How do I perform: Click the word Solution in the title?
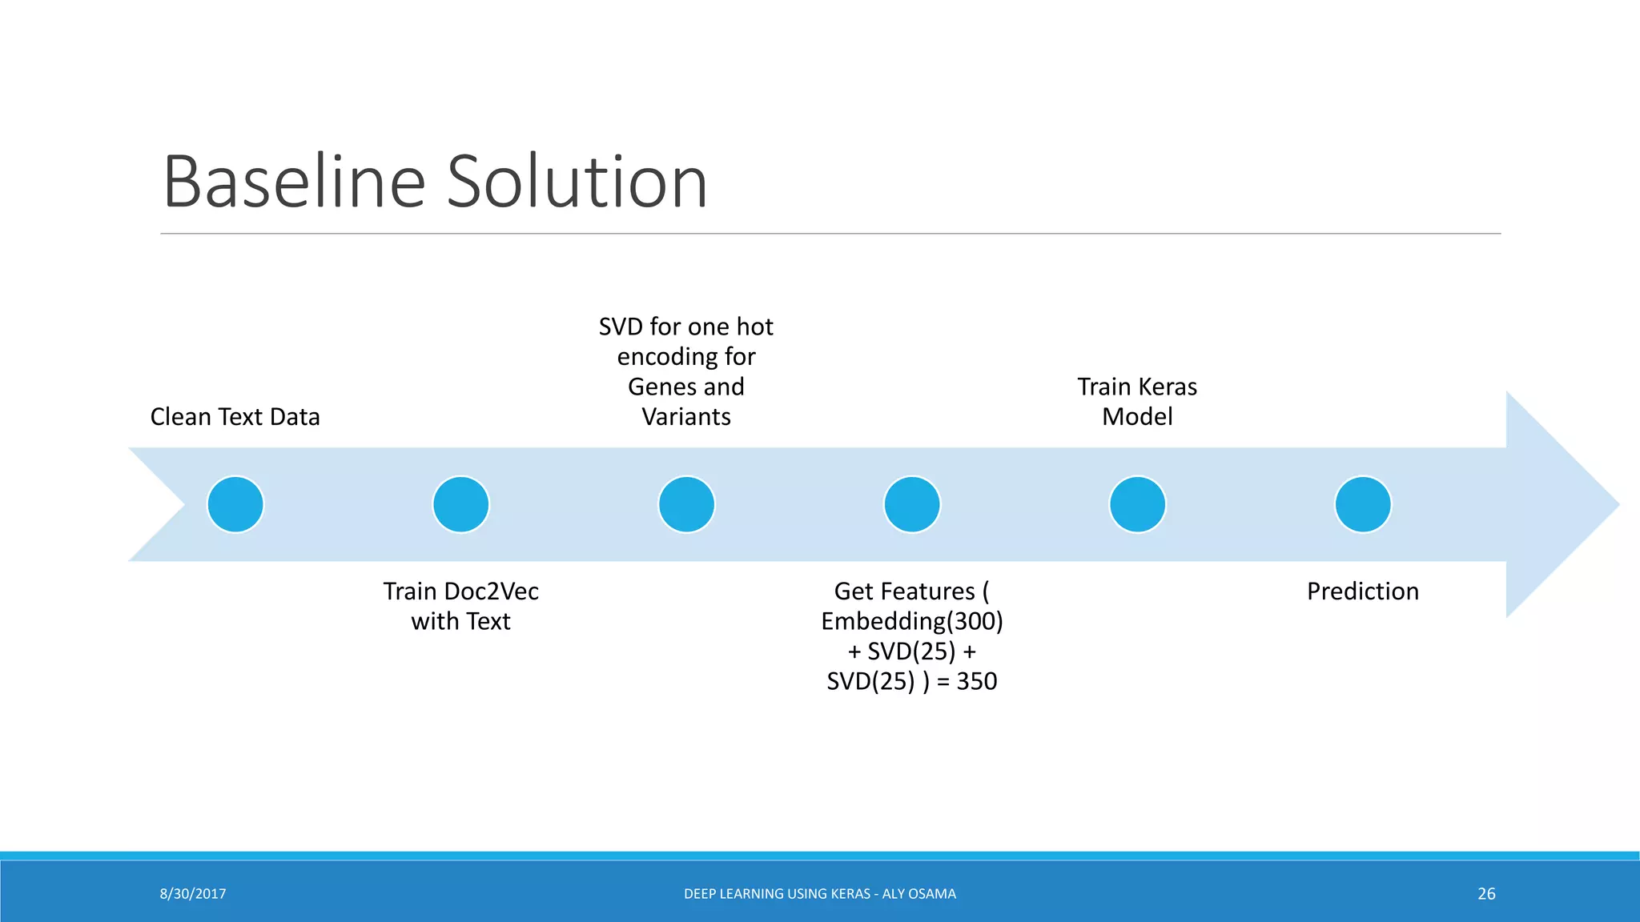point(577,182)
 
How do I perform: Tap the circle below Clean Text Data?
point(235,504)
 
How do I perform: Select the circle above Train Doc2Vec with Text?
point(461,504)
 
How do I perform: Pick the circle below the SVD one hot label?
point(686,504)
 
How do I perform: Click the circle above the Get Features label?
point(912,504)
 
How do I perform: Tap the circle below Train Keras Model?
point(1137,504)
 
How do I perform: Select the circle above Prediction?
point(1363,504)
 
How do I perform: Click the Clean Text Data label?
point(235,417)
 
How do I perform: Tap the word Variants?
point(686,417)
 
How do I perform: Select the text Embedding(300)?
point(912,622)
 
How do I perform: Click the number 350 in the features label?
point(977,682)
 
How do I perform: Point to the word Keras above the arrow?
point(1168,387)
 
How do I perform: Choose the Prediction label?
point(1363,591)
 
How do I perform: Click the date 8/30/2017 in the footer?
point(193,894)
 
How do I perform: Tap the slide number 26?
point(1486,894)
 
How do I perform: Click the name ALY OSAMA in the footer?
point(918,894)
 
